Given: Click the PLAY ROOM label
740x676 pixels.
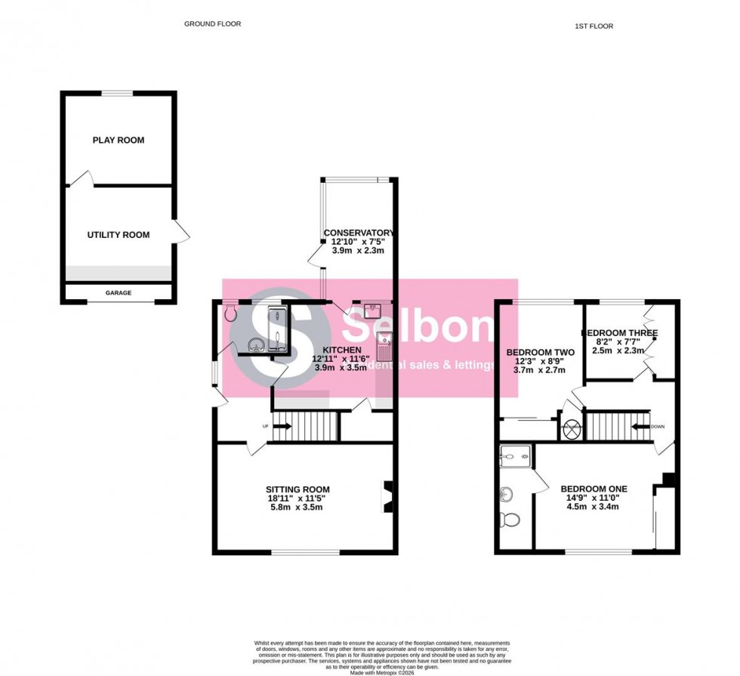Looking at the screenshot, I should (119, 140).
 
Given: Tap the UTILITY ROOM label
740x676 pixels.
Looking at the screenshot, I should (119, 235).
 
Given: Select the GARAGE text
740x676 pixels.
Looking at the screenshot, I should (118, 293).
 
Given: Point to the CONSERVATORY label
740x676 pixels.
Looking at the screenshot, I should (359, 233).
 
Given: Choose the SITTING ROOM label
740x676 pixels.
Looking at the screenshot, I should (298, 489).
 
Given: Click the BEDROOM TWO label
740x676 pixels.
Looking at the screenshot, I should (540, 353).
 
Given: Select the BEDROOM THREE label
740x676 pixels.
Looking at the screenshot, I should (619, 333).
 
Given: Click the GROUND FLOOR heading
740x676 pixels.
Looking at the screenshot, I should (213, 24).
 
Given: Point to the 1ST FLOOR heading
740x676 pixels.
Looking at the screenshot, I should (594, 26).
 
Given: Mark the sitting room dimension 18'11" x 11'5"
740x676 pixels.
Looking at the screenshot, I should (298, 499).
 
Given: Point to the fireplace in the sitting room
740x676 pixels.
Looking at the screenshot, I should (388, 498).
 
